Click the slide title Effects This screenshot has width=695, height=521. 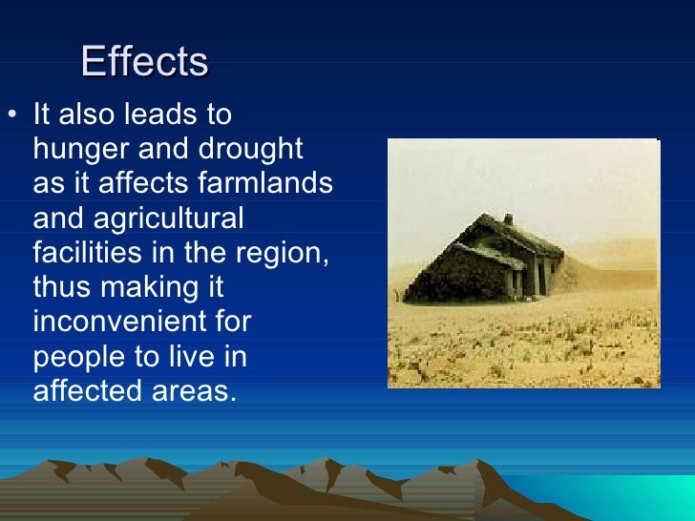(144, 62)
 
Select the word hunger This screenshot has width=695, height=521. (74, 151)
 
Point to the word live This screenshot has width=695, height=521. (185, 356)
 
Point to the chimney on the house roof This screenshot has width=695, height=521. (508, 219)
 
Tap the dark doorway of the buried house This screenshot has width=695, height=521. (522, 281)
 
